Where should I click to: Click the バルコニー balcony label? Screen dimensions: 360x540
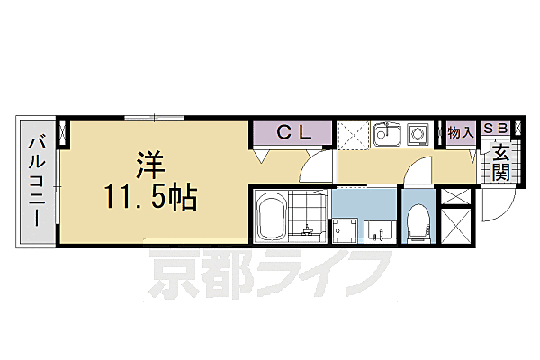36,180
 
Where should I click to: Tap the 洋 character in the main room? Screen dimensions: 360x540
149,165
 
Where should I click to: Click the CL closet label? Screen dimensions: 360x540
293,133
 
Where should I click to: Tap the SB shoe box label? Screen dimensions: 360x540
497,129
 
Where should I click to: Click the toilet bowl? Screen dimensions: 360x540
417,220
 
